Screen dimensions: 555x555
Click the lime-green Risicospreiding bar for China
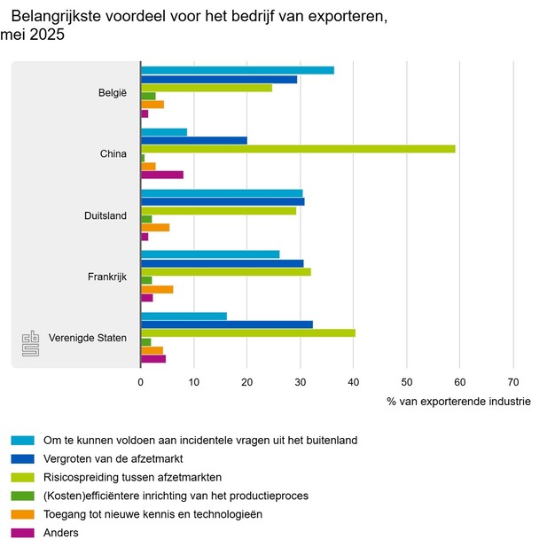(298, 149)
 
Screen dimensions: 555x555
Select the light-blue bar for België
(238, 70)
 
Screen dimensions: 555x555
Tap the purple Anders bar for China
(162, 175)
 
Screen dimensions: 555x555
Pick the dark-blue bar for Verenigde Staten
(227, 324)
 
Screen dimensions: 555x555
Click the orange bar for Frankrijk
(157, 289)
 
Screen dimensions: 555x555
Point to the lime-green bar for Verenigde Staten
(248, 333)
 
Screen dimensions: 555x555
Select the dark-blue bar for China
(194, 140)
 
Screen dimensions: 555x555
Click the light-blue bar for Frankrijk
(210, 254)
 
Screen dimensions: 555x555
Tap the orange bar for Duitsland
(155, 227)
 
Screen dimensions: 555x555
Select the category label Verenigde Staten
(88, 338)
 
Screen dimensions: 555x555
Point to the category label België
(113, 92)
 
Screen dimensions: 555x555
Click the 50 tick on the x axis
(406, 382)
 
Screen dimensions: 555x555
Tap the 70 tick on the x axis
(512, 382)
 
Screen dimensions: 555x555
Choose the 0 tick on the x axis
(141, 382)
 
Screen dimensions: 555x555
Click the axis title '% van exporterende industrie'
(458, 402)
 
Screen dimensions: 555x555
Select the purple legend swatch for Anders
(23, 533)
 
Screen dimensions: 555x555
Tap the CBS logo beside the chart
(31, 345)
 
